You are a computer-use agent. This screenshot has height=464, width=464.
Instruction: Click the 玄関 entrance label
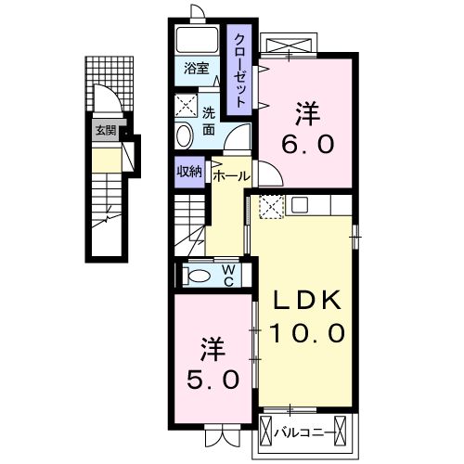point(104,131)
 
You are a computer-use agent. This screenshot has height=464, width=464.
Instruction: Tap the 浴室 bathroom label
point(195,69)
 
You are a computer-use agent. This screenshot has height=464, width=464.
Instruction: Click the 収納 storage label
point(191,171)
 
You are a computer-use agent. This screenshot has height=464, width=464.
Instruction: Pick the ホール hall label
point(231,174)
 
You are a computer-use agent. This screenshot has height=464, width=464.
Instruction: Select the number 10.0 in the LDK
point(307,331)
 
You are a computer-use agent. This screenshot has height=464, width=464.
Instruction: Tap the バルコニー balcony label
point(312,432)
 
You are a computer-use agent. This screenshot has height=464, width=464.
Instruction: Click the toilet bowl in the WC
point(198,275)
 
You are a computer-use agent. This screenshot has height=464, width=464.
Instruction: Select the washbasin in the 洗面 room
point(183,135)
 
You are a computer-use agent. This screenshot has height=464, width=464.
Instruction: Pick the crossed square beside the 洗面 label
point(187,105)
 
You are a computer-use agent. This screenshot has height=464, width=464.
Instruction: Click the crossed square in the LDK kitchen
point(270,207)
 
